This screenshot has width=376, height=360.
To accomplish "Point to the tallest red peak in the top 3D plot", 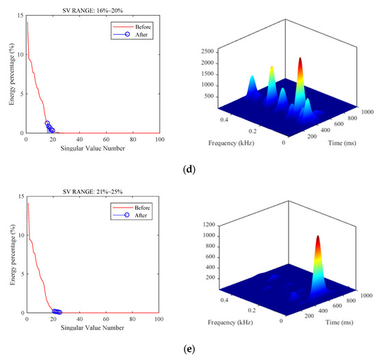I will tap(299, 61).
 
